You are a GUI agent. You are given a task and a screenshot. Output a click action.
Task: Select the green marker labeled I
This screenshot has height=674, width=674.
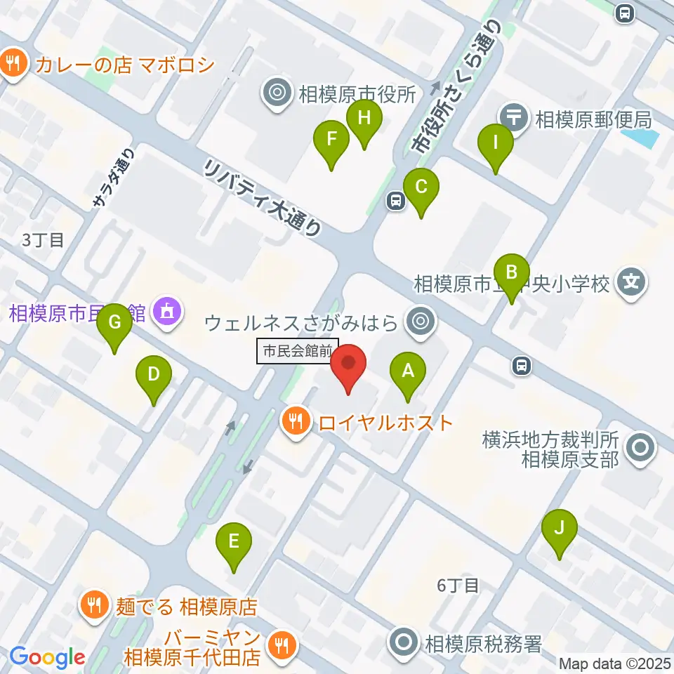point(495,143)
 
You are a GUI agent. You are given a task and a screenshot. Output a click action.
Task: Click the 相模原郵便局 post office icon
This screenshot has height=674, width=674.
point(515,117)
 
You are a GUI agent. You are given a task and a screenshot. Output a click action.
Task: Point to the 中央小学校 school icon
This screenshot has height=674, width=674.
point(631,284)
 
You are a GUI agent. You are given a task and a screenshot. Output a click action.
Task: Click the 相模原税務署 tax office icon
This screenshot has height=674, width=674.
point(404,643)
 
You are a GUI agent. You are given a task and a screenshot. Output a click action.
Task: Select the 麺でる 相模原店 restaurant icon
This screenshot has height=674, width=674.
point(94,605)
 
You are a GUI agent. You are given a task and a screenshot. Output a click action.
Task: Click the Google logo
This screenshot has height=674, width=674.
point(47,658)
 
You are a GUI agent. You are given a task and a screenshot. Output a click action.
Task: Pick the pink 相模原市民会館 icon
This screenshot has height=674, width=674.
point(167,311)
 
